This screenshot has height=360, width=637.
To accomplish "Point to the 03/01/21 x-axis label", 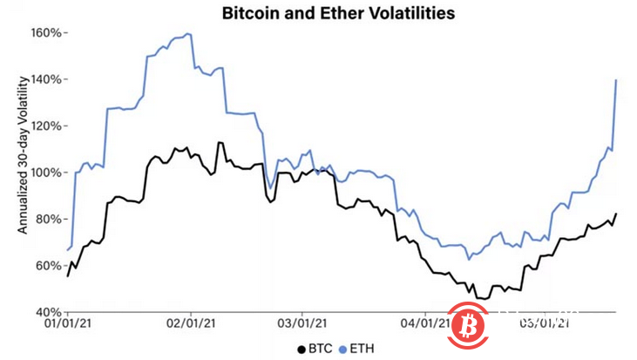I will click(x=302, y=323).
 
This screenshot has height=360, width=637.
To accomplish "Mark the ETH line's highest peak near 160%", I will click(x=188, y=34).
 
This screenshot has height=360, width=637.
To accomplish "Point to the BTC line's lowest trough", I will click(x=481, y=299).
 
